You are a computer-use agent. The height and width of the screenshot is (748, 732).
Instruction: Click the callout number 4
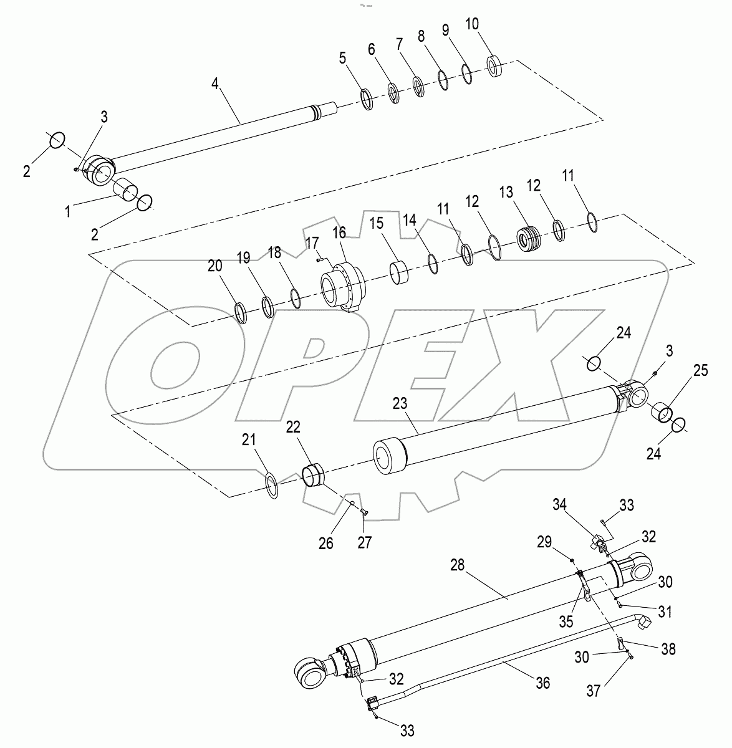click(215, 84)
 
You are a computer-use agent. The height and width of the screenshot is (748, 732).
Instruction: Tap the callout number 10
click(472, 24)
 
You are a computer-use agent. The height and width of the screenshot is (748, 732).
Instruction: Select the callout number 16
click(339, 232)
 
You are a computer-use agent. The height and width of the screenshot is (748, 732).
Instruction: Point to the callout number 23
click(400, 403)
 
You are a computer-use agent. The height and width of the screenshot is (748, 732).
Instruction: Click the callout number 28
click(457, 565)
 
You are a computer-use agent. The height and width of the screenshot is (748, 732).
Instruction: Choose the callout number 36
click(543, 683)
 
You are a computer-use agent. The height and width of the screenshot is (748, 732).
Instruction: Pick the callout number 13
click(506, 192)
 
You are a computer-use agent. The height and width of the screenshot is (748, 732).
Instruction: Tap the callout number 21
click(249, 439)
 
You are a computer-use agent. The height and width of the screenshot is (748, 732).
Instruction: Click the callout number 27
click(365, 542)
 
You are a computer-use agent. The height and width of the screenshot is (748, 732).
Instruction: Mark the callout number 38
click(668, 649)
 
